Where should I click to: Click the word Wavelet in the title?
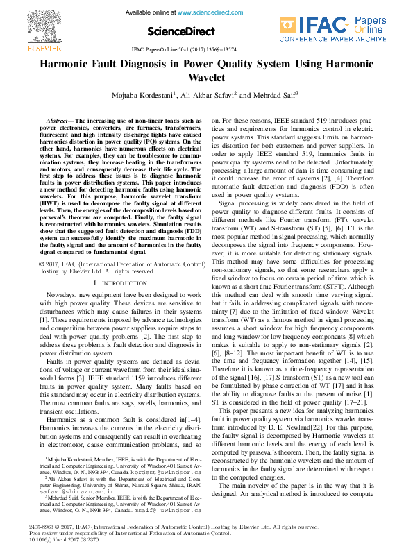tap(206, 78)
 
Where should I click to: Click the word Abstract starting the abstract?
tap(60, 121)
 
